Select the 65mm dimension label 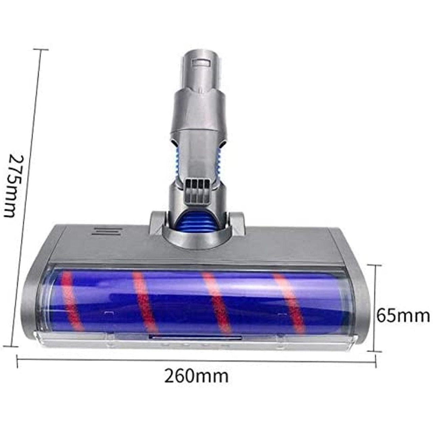(403, 316)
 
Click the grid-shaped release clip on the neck (197, 188)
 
